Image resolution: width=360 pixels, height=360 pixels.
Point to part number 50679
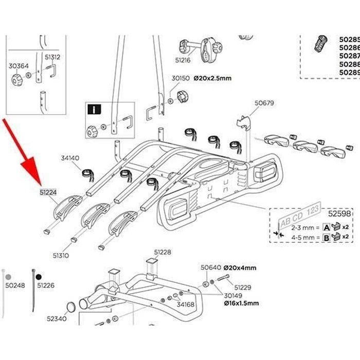[x=264, y=103]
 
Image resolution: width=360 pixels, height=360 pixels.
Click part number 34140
[x=70, y=158]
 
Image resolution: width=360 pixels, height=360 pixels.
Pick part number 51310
[x=61, y=255]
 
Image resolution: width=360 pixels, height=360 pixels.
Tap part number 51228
[x=163, y=253]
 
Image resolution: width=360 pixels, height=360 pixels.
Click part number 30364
[x=16, y=66]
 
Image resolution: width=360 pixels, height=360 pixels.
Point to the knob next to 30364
[x=15, y=80]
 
